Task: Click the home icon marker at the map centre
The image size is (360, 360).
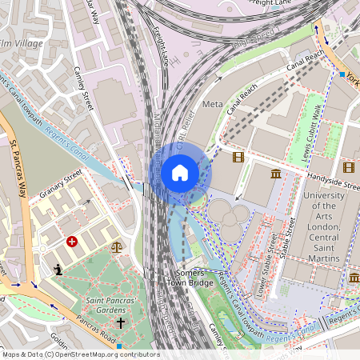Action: click(180, 173)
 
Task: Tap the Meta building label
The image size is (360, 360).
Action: click(213, 105)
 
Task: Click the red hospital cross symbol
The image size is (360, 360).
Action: click(72, 240)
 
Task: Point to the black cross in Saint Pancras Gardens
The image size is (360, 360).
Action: click(121, 323)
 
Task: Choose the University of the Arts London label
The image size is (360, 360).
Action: click(324, 226)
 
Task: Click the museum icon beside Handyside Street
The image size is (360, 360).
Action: click(276, 174)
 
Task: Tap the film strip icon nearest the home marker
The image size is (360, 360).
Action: click(238, 158)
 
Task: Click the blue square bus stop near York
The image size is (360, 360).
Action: click(342, 74)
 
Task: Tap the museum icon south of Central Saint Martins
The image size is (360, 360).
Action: click(354, 277)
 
